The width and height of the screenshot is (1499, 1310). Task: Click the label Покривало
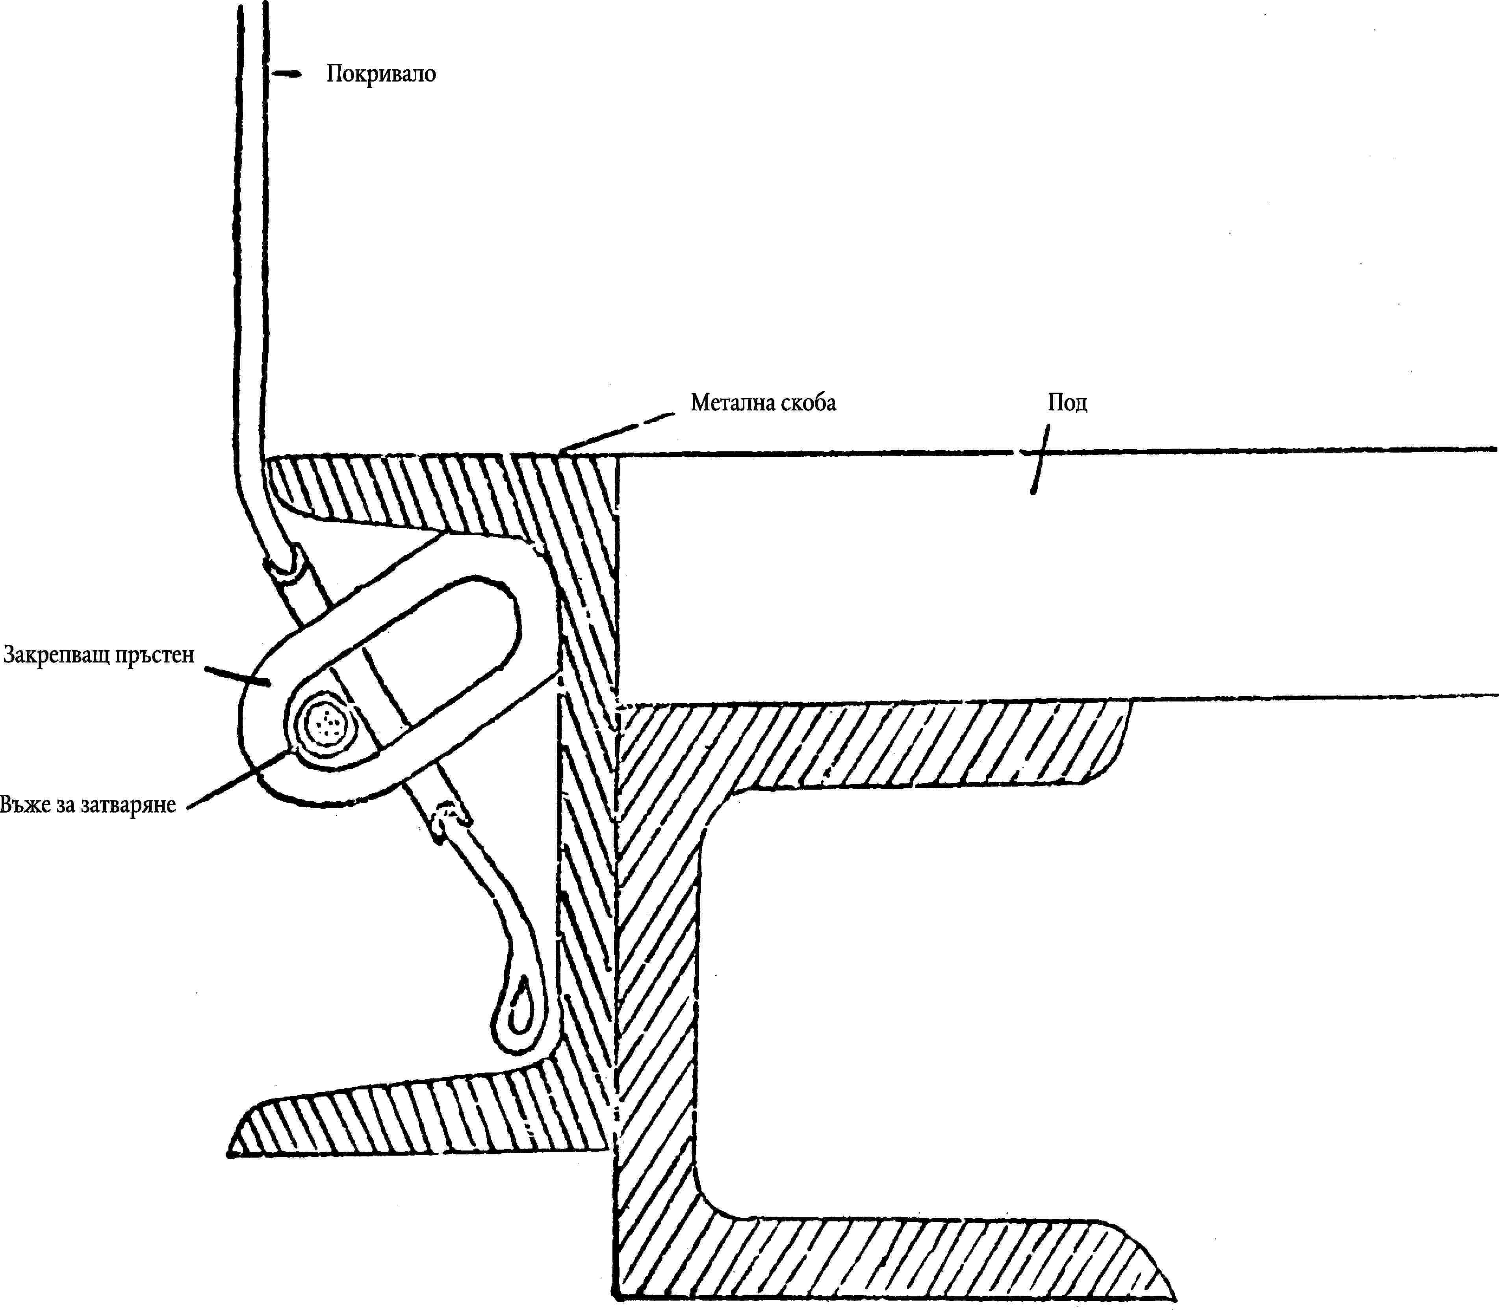point(381,74)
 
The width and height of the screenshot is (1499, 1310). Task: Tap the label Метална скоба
point(763,403)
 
